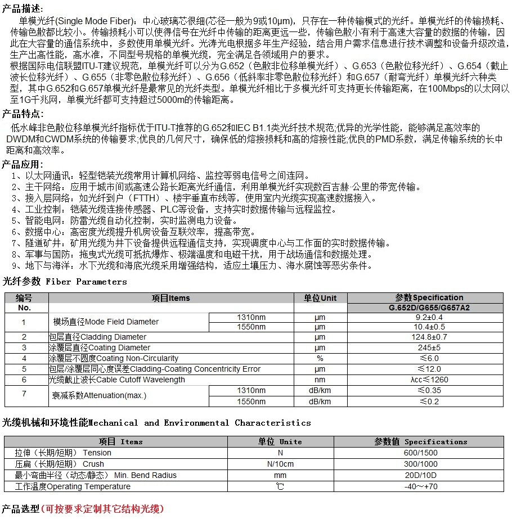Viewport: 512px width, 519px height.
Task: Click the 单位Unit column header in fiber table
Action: coord(320,298)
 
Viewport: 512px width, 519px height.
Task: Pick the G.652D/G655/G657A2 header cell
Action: coord(429,308)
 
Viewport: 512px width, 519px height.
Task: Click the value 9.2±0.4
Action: coord(429,317)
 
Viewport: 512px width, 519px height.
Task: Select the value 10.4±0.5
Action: coord(429,327)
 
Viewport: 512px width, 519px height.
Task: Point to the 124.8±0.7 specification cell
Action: coord(429,337)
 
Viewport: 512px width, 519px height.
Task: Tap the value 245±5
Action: coord(429,347)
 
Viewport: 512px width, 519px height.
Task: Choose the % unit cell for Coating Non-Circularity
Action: coord(320,358)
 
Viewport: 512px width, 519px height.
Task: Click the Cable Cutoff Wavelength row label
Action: coord(117,380)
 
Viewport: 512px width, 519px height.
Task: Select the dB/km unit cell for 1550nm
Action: coord(320,401)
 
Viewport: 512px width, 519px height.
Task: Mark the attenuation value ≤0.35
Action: coord(429,390)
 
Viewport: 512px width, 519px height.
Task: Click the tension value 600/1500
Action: coord(421,453)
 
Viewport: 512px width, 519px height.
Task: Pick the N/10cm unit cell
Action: coord(280,464)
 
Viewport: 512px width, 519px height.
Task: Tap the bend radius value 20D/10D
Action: coord(421,475)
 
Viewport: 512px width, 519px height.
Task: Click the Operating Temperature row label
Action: coord(73,486)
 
